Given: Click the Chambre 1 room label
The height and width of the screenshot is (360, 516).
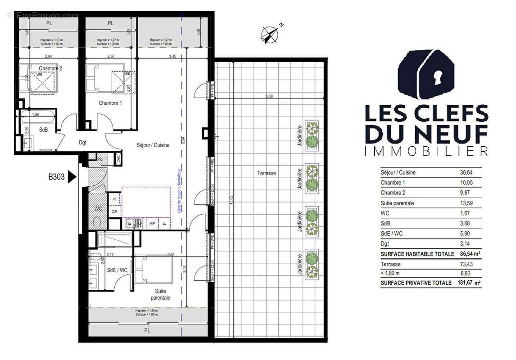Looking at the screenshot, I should pos(110,103).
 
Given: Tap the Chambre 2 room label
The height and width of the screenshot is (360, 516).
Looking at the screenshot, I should pos(50,68).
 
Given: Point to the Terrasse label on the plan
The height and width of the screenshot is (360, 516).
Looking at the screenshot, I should pos(267,173).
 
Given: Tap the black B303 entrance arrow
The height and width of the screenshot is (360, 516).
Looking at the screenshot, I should pos(72,177).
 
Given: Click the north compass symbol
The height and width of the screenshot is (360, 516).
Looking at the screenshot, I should pos(269,34).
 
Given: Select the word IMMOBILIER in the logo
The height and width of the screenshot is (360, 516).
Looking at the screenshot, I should pos(426,151).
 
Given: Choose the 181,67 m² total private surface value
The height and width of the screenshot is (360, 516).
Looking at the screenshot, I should pos(468,283).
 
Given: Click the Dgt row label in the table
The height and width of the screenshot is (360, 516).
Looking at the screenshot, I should pos(385,244).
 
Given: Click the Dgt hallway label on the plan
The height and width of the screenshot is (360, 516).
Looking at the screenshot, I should pos(82,143).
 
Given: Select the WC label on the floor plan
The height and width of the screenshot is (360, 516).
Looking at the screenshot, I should pos(98,209).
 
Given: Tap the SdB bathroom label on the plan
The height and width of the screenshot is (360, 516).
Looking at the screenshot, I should pos(43,130).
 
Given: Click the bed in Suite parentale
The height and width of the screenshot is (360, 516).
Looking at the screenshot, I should pos(154,270).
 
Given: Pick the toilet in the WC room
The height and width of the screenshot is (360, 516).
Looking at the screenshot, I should pos(97,221).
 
